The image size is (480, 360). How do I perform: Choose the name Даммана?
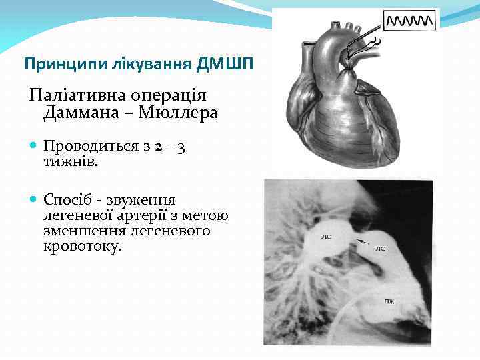(85, 113)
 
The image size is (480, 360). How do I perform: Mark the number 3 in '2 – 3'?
(181, 146)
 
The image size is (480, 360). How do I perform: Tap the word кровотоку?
(83, 246)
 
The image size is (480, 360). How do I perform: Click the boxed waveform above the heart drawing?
(411, 19)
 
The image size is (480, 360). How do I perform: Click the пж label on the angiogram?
(389, 301)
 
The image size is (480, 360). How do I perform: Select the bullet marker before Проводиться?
(33, 146)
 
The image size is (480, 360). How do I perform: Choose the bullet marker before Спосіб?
(33, 200)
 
